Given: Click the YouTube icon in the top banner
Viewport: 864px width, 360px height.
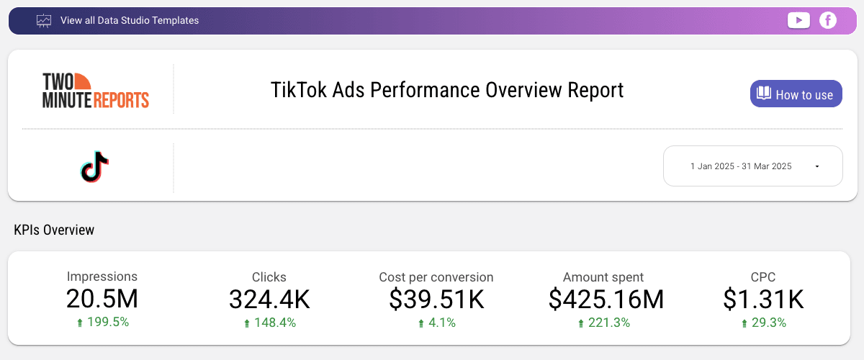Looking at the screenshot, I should [x=798, y=20].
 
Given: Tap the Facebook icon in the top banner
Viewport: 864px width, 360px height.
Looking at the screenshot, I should [x=828, y=20].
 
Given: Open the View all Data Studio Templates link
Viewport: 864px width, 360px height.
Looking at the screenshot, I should [x=130, y=21].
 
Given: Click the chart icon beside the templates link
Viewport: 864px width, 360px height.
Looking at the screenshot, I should [x=44, y=21].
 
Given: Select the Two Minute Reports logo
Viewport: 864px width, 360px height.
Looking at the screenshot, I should [x=96, y=90].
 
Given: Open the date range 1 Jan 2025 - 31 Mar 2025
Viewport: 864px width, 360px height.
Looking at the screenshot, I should [x=741, y=166].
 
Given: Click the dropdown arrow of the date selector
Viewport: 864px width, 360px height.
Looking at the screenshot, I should [x=817, y=166].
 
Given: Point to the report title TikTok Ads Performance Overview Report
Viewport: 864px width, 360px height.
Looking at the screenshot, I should [x=447, y=90].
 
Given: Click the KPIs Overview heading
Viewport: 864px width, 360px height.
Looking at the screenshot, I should [x=54, y=230].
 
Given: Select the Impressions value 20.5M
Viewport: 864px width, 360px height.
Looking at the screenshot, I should [x=102, y=299].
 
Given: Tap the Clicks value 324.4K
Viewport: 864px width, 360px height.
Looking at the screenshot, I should [x=269, y=299].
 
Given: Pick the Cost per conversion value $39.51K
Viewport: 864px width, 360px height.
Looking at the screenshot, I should [x=436, y=299].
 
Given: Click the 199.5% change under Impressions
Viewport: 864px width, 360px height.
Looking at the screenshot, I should [x=107, y=323].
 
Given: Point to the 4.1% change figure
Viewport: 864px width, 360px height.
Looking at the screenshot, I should [x=442, y=323].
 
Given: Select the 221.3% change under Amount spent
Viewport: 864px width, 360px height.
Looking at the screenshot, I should [x=609, y=323].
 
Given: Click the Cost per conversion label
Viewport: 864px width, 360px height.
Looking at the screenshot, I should [x=436, y=277].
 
